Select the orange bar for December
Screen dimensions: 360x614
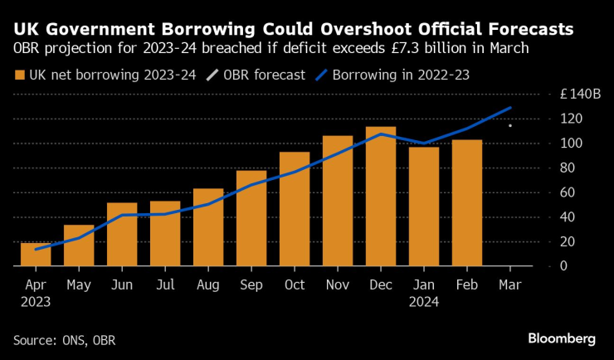[x=380, y=197]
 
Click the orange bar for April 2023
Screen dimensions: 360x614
[x=35, y=255]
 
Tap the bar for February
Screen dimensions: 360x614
[x=466, y=203]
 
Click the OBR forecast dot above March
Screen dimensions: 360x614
[x=509, y=126]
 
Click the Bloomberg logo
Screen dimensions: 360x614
[x=562, y=338]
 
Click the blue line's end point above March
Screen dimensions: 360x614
[x=509, y=108]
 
